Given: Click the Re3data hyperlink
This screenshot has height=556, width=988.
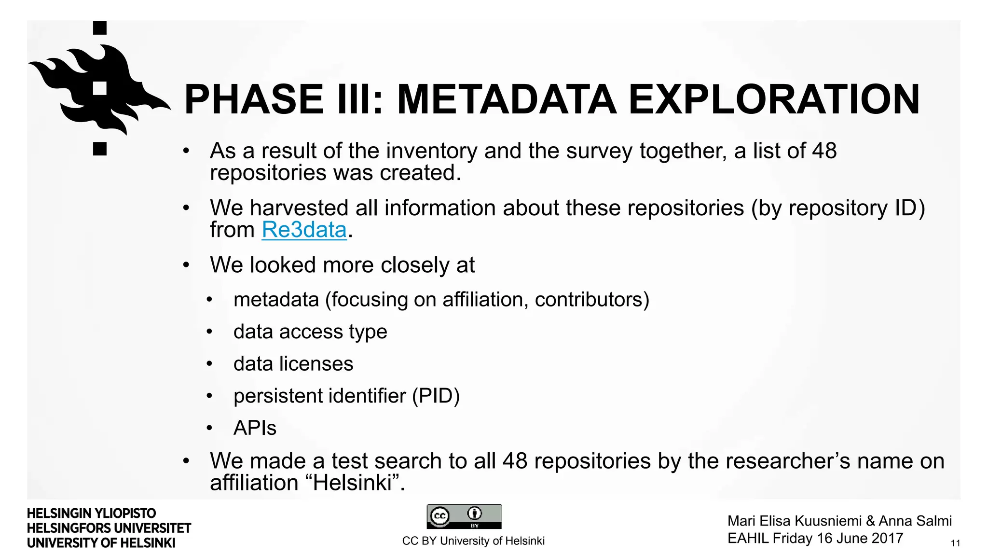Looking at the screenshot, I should coord(304,230).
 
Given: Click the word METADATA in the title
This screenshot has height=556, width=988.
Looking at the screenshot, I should coord(506,99).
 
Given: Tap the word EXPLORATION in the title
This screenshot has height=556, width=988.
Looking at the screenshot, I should coord(774,99).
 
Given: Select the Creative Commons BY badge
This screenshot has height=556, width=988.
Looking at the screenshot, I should coord(464,516).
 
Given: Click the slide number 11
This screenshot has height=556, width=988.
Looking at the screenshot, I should coord(955,543).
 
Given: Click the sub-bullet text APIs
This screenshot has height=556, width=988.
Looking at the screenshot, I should coord(255,428).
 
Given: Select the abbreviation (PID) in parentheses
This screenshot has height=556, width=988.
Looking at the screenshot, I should coord(436,396).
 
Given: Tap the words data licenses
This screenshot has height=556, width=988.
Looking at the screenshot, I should coord(293,364).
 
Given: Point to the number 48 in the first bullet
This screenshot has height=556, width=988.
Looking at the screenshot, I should coord(824,151).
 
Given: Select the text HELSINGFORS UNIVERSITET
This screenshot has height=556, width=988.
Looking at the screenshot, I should coord(109,528).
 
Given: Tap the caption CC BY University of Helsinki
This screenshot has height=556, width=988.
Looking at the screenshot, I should coord(473,541).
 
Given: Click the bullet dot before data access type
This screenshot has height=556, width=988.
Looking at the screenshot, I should coord(209,332).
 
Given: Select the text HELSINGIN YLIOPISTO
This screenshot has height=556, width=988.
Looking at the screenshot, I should coord(92,513).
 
